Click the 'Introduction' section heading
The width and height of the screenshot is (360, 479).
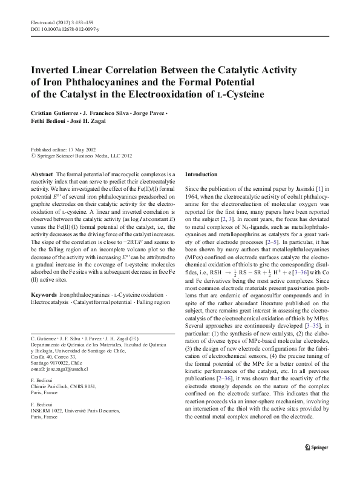coord(201,174)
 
